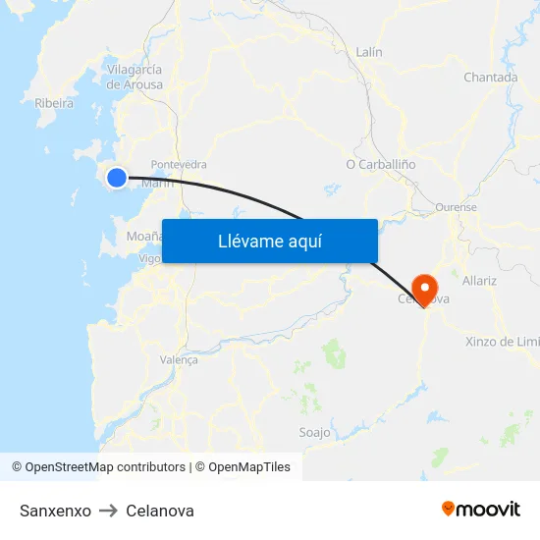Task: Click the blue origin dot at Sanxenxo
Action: click(117, 177)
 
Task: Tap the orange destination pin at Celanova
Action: click(425, 288)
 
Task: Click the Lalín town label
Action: click(369, 52)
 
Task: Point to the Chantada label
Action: click(490, 78)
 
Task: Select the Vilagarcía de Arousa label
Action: click(135, 77)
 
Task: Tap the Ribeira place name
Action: click(54, 102)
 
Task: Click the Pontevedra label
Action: click(179, 165)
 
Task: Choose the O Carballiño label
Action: click(381, 164)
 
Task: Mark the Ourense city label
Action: click(456, 208)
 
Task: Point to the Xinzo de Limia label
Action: click(502, 342)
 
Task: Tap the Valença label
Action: click(179, 360)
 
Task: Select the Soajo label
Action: click(314, 432)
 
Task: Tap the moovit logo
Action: click(481, 510)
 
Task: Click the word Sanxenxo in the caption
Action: click(55, 511)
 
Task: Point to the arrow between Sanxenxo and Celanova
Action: click(108, 511)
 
